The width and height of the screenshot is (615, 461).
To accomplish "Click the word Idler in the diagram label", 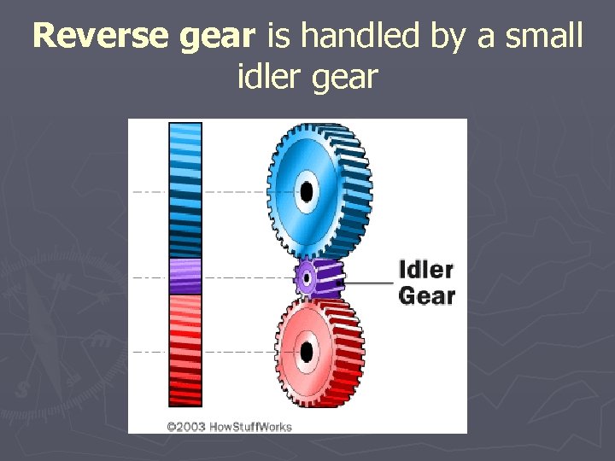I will click(426, 271).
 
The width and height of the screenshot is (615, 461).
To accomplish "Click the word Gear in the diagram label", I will click(427, 296).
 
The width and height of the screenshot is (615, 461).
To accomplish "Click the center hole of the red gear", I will click(306, 350).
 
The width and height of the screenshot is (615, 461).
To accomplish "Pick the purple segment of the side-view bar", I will click(185, 276).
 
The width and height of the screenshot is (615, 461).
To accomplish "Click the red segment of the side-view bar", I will click(185, 350).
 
